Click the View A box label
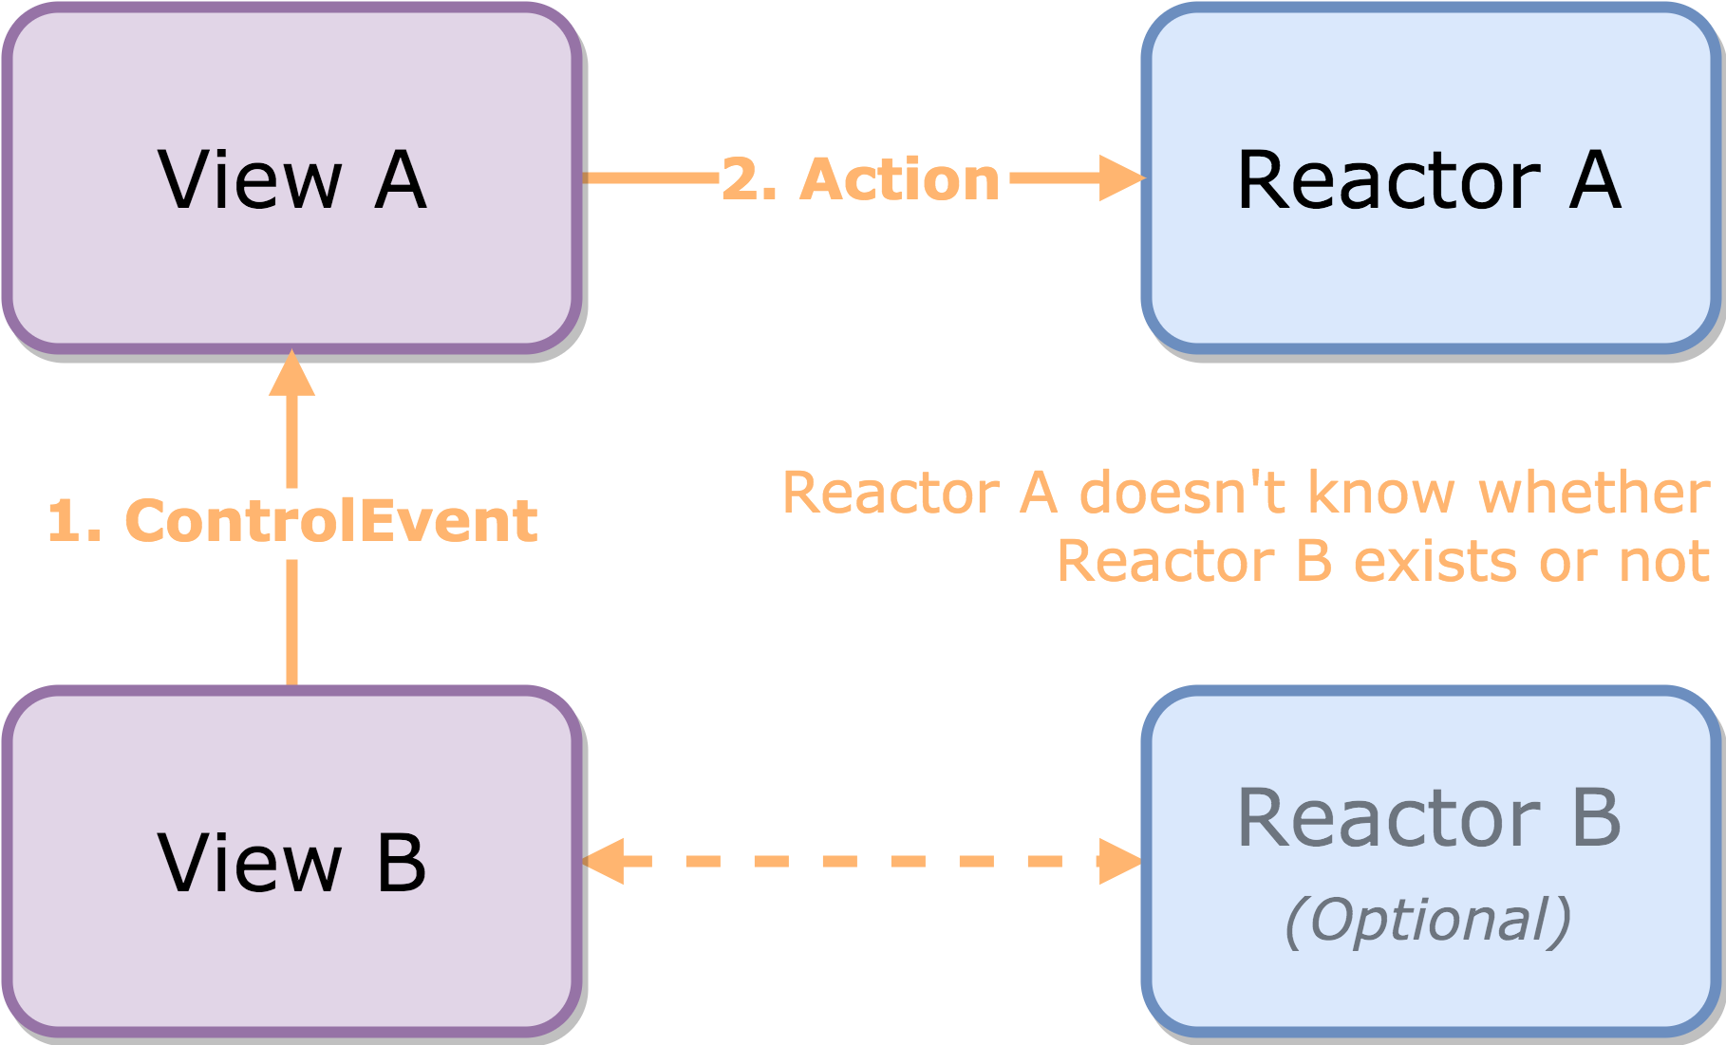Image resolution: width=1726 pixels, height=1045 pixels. tap(291, 179)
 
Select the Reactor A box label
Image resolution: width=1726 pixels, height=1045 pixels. tap(1429, 179)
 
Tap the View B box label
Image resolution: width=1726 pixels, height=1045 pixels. tap(291, 862)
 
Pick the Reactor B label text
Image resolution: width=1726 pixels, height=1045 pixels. tap(1429, 817)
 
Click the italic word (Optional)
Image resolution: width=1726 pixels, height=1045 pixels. tap(1428, 920)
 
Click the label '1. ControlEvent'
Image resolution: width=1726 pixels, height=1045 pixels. tap(292, 521)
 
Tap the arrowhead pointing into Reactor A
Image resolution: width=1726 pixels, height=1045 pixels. tap(1121, 177)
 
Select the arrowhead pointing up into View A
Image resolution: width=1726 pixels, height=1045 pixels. tap(291, 374)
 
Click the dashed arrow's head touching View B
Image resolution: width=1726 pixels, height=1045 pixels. tap(605, 861)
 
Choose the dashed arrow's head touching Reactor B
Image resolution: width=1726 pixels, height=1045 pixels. tap(1119, 861)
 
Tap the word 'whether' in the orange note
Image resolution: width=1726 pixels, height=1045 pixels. tap(1594, 493)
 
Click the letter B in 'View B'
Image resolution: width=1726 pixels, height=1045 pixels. tap(402, 862)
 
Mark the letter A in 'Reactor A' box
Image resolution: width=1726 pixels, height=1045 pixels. tap(1595, 179)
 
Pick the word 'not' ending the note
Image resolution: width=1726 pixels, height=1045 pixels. tap(1663, 561)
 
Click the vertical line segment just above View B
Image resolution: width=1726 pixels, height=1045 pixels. tap(291, 622)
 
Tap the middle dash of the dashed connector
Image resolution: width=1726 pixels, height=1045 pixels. tap(840, 861)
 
